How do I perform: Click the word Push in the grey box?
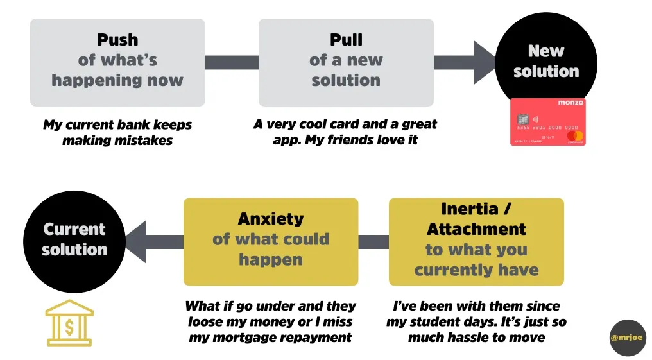click(117, 40)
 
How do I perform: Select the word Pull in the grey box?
click(346, 40)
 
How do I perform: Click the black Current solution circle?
click(74, 239)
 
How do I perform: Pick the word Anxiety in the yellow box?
click(270, 219)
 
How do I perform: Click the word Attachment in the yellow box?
click(476, 229)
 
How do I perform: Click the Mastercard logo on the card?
click(575, 136)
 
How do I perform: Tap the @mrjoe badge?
click(628, 338)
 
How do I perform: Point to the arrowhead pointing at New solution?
click(485, 62)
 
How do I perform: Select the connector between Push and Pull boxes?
click(232, 62)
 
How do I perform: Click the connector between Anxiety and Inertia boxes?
click(373, 242)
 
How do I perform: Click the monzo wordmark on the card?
click(570, 103)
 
